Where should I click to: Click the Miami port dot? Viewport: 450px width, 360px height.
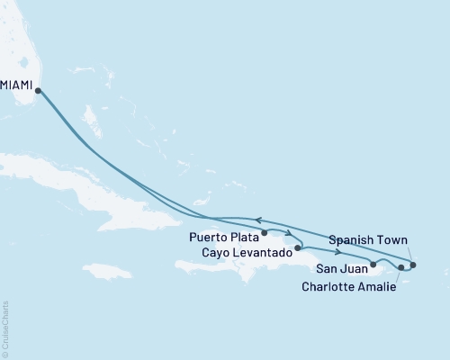tap(38, 89)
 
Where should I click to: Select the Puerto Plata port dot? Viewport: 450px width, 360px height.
tap(265, 233)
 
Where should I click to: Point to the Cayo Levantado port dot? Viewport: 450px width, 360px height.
tap(297, 246)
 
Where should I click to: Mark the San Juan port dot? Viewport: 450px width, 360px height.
tap(373, 264)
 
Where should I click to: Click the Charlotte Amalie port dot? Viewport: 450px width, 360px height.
tap(400, 267)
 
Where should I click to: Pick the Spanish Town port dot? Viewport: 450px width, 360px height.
tap(413, 265)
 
